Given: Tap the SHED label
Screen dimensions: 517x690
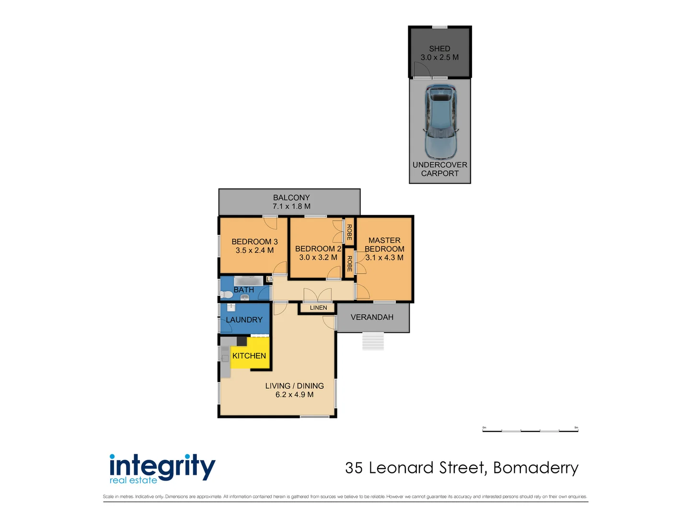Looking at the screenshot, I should (x=439, y=48).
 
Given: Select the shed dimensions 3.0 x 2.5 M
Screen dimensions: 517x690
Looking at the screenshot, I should (x=439, y=57).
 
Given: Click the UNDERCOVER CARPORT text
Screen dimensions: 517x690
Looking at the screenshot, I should (x=439, y=169).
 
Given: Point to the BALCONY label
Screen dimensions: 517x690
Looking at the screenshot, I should (x=291, y=198).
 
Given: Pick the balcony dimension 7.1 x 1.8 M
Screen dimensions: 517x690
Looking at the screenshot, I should (x=291, y=206).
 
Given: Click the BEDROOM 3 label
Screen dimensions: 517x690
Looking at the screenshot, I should (x=254, y=242).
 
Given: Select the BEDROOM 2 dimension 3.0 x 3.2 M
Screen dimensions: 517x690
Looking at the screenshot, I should (x=318, y=258).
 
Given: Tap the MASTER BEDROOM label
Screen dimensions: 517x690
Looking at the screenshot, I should (x=384, y=245).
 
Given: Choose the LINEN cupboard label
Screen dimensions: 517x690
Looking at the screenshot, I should (x=318, y=308).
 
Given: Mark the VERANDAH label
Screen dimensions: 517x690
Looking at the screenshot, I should (x=372, y=317).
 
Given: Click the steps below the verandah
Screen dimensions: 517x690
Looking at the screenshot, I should (x=373, y=341).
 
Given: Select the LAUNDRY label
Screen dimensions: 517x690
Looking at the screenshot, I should (x=244, y=320).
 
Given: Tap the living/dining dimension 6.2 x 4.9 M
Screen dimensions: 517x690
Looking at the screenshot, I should (x=294, y=395).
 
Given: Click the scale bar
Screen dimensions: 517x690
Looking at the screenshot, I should (x=530, y=430).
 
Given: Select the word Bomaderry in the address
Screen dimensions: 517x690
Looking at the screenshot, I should (x=536, y=468).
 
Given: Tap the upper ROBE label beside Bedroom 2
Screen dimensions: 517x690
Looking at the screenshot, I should (x=349, y=232).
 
